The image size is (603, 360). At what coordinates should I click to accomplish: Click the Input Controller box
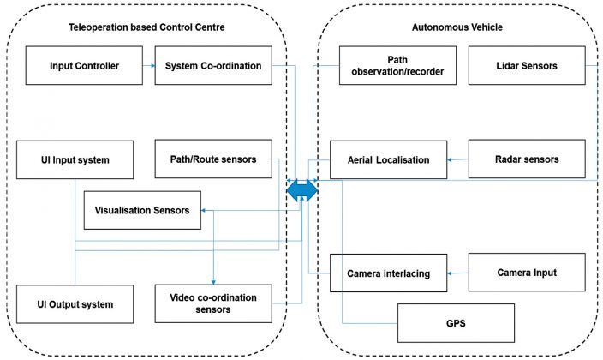pyautogui.click(x=84, y=66)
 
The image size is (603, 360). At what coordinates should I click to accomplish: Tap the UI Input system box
pyautogui.click(x=75, y=159)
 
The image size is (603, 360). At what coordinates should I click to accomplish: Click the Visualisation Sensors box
pyautogui.click(x=142, y=210)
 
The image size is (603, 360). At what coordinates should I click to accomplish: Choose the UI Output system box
pyautogui.click(x=75, y=304)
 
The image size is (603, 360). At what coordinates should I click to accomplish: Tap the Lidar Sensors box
pyautogui.click(x=526, y=66)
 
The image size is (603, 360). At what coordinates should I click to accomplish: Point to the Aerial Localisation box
pyautogui.click(x=388, y=159)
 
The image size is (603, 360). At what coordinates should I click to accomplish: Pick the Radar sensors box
pyautogui.click(x=527, y=159)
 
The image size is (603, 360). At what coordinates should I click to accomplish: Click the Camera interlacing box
pyautogui.click(x=388, y=273)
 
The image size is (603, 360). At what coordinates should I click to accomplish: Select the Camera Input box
pyautogui.click(x=527, y=273)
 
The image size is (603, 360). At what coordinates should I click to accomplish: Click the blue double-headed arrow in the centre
pyautogui.click(x=301, y=190)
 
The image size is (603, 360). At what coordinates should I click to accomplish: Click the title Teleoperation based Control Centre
pyautogui.click(x=146, y=27)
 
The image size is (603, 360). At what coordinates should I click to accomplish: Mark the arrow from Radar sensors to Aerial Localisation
pyautogui.click(x=458, y=159)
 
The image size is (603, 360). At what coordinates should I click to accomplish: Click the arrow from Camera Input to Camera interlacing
pyautogui.click(x=458, y=273)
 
